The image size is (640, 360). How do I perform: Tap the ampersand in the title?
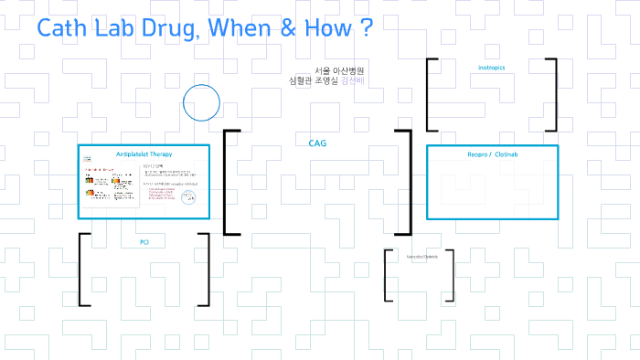(x=288, y=28)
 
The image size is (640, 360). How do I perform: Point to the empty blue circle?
(x=201, y=103)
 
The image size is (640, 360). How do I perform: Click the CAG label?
(x=317, y=143)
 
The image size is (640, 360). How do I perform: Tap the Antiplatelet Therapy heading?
(x=144, y=154)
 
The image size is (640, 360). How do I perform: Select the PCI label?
(x=144, y=242)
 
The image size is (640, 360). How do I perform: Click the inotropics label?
(x=492, y=68)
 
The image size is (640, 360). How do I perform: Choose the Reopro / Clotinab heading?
(x=492, y=154)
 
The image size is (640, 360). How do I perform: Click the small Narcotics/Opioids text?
(x=422, y=257)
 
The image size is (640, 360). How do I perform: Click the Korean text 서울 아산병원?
(x=339, y=70)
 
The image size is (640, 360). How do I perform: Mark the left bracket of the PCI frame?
(x=82, y=270)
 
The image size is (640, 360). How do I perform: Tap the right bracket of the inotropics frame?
(x=553, y=96)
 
